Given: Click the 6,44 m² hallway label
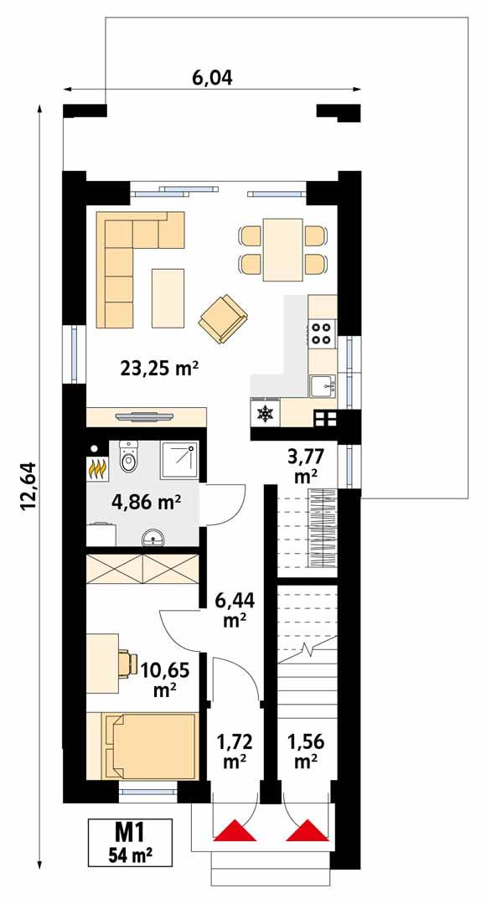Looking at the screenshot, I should click(x=234, y=610).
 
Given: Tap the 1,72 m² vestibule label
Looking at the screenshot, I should click(x=234, y=751).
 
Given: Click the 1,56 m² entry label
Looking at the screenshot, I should click(x=304, y=751).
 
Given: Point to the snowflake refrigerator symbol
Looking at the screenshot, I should click(x=266, y=413).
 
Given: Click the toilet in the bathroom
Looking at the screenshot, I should click(x=128, y=457).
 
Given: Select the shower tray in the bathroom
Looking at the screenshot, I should click(x=181, y=458).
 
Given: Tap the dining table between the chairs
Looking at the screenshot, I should click(x=282, y=250).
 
